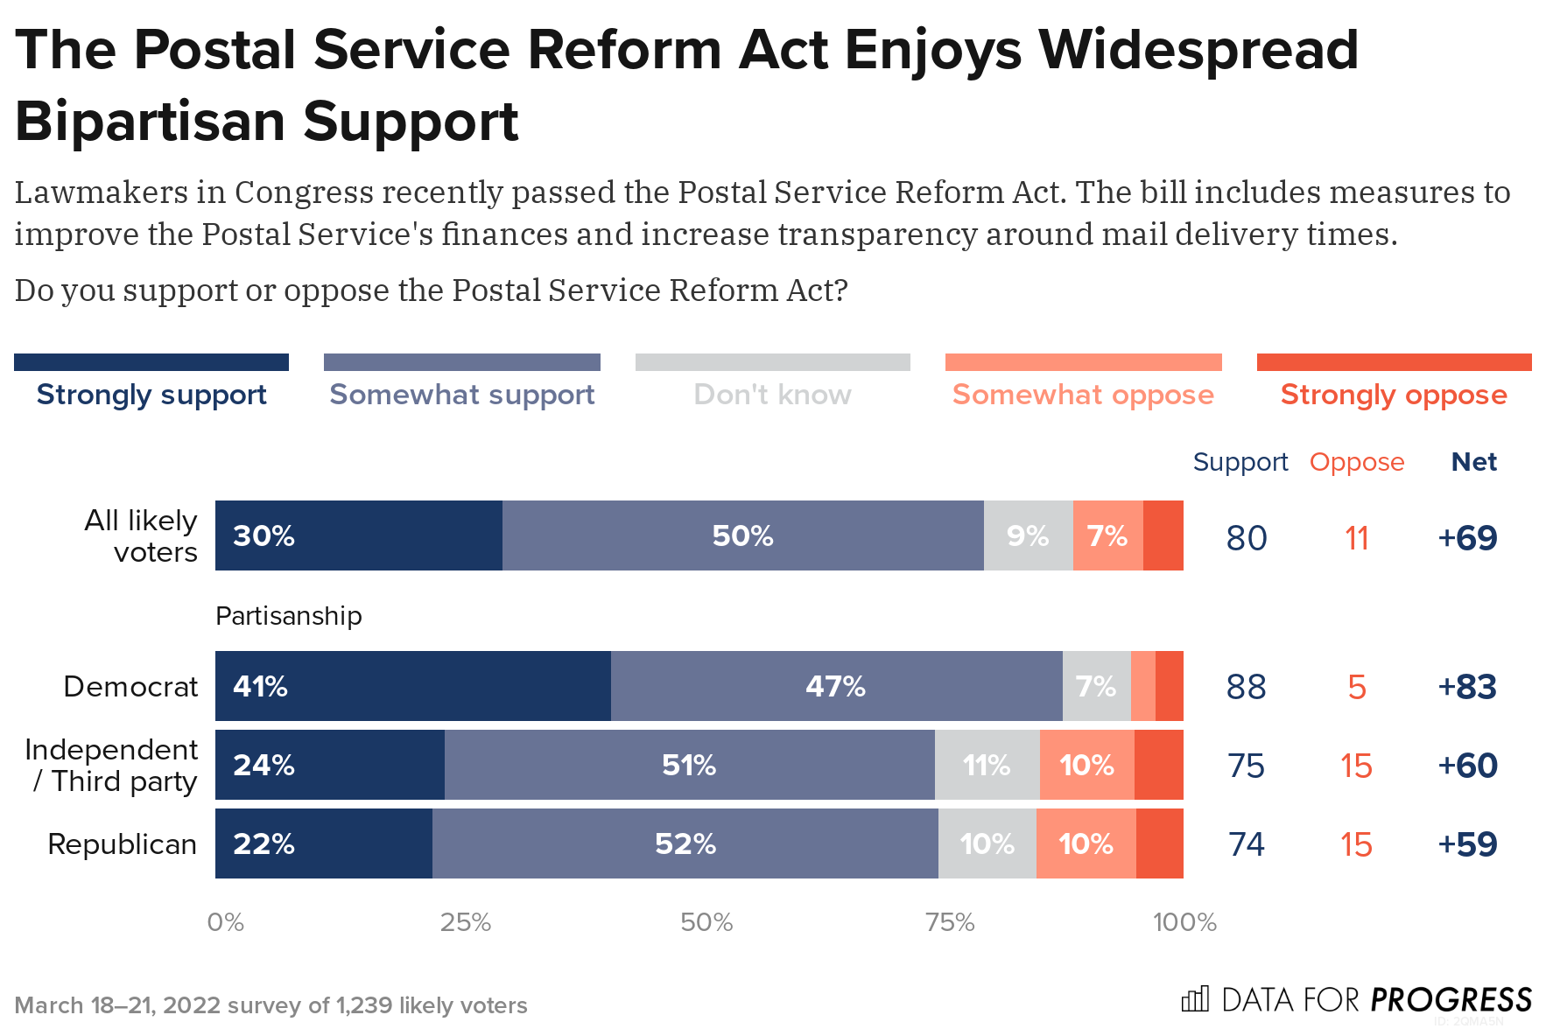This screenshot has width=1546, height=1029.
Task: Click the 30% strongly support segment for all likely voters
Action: pos(358,535)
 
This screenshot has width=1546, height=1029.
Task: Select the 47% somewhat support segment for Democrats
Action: pos(836,686)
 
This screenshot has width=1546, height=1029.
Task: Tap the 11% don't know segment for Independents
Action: pos(987,765)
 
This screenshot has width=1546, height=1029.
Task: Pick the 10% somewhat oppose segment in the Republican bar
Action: pos(1086,843)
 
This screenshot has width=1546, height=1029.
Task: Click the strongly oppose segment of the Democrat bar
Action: pos(1170,686)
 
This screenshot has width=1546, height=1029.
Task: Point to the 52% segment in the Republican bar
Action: pos(685,843)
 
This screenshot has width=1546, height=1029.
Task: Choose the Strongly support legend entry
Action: pos(151,394)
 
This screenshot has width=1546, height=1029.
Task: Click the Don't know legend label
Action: pos(772,395)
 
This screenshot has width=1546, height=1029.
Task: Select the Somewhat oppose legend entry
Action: pos(1083,394)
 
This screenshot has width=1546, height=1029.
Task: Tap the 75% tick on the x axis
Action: pos(950,922)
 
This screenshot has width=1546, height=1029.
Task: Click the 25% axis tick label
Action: pos(465,922)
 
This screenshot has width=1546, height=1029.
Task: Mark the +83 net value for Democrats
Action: pos(1467,687)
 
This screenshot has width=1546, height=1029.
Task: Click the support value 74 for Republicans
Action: pos(1246,844)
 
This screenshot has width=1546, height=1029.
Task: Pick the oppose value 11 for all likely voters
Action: pos(1356,538)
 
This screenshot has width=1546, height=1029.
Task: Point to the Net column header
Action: pos(1473,461)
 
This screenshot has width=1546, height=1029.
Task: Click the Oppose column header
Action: pos(1356,461)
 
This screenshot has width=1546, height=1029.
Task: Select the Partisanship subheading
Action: pos(288,616)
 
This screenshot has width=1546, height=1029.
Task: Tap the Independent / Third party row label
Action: pos(112,765)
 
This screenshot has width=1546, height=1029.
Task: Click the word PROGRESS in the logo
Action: pos(1451,999)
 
